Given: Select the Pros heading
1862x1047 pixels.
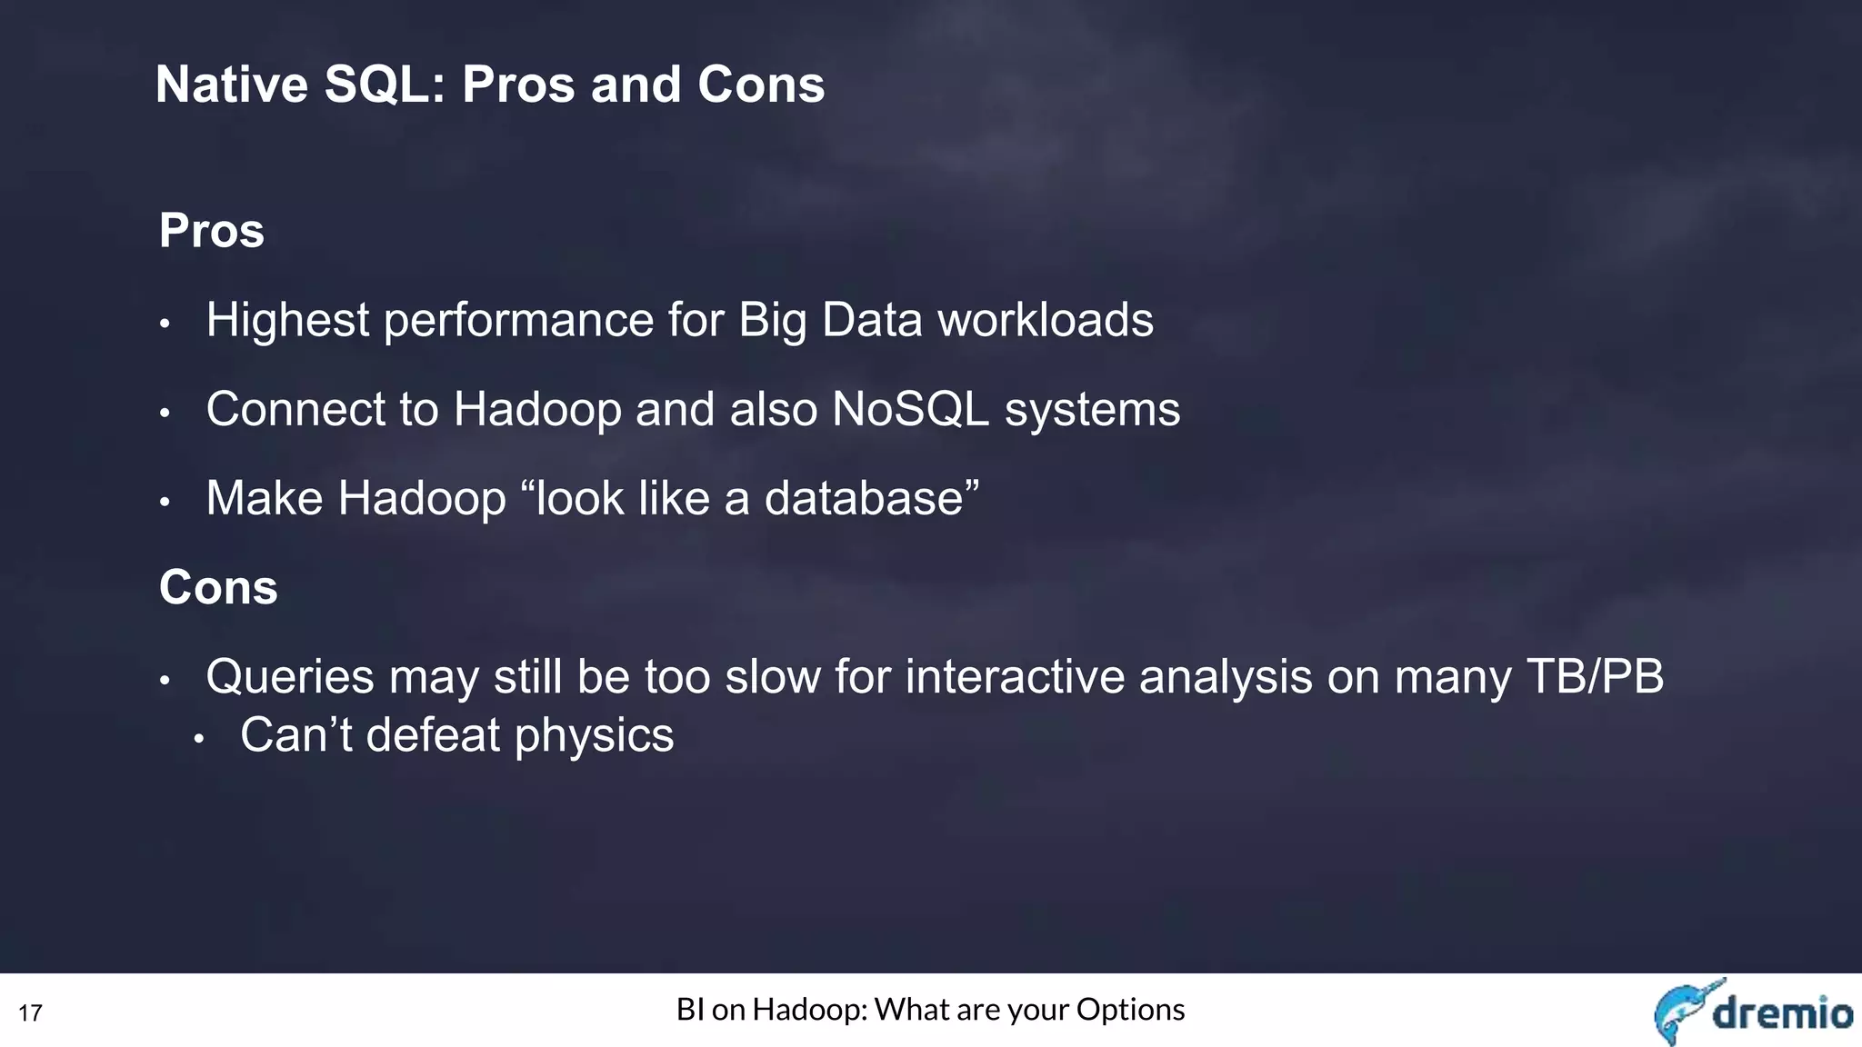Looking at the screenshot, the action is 212,231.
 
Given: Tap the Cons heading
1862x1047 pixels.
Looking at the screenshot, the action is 218,587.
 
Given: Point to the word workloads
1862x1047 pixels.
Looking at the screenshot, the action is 1045,320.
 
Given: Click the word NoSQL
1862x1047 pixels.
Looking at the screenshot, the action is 910,409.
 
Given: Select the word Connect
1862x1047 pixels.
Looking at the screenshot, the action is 295,409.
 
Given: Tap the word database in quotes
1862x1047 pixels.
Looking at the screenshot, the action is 864,498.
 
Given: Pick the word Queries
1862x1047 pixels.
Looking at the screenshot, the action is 290,677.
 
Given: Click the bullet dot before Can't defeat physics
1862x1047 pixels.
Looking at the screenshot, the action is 199,739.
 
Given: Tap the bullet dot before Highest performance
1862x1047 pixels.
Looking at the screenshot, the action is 165,324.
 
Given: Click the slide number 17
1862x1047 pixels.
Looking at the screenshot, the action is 30,1012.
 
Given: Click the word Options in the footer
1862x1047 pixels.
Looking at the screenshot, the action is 1130,1010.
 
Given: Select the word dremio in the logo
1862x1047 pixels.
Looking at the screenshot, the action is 1782,1012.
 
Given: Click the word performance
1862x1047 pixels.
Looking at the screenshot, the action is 519,320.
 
